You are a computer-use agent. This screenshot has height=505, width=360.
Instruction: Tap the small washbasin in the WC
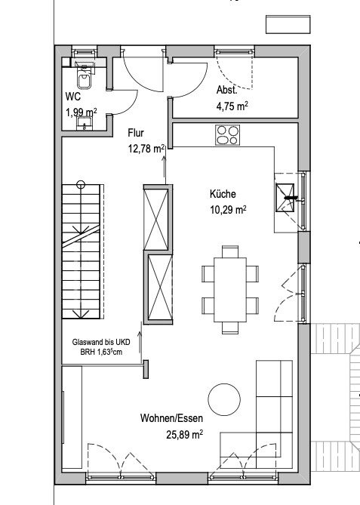coord(85,123)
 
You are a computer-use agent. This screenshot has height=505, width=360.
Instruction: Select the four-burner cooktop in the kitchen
coord(228,135)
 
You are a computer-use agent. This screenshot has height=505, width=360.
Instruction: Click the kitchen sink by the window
coord(285,198)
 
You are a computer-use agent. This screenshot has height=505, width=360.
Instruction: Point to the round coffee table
coord(224,399)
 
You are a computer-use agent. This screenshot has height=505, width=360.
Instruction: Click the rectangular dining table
coord(230,290)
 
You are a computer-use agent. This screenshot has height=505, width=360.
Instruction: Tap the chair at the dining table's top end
coord(230,251)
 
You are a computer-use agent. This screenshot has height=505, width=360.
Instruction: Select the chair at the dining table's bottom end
coord(230,328)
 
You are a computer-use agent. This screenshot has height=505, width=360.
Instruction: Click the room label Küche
coord(223,194)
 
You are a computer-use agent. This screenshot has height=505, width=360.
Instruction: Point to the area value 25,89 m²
coord(184,435)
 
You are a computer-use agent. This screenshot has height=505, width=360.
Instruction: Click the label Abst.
coord(227,90)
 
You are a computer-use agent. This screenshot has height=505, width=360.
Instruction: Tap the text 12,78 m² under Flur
coord(146,149)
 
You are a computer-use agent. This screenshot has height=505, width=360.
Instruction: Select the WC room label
coord(73,97)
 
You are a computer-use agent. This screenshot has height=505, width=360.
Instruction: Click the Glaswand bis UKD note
coord(101,342)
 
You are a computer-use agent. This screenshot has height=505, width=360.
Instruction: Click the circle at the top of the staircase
coord(81,185)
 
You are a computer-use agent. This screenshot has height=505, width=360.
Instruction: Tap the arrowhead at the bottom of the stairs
coord(81,314)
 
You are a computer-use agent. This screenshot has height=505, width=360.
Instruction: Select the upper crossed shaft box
coord(156,217)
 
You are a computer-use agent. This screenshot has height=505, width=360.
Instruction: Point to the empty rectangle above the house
coord(288,24)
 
